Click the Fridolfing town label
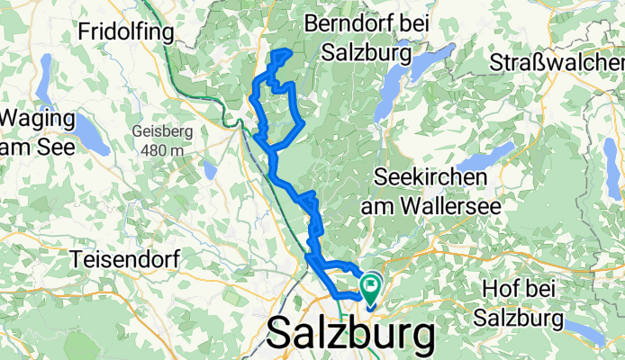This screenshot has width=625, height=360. coord(124,31)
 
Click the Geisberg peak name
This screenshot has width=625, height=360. coord(162,131)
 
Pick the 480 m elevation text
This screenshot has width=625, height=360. coord(162,149)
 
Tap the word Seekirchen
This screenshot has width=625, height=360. coord(424,177)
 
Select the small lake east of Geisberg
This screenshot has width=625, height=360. coord(210,169)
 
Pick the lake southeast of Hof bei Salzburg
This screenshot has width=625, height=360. coord(587,333)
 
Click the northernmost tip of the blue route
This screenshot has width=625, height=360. coord(286,51)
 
